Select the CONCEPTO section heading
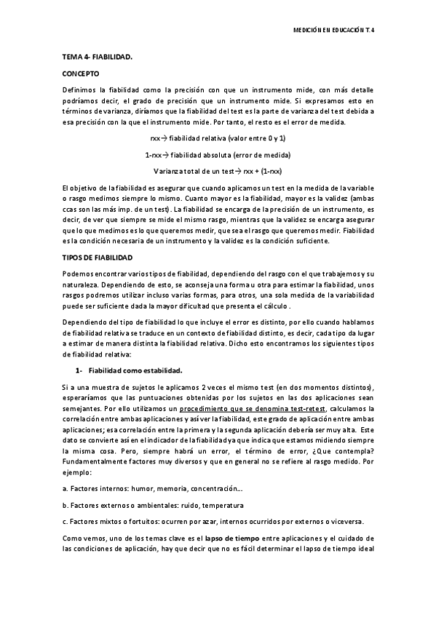tap(82, 73)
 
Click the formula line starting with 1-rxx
tap(218, 155)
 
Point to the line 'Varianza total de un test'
tap(218, 170)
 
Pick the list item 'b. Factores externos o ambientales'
tap(153, 504)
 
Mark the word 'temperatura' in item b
tap(224, 504)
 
